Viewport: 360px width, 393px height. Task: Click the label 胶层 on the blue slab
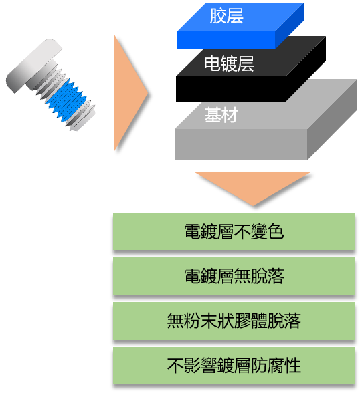click(x=227, y=16)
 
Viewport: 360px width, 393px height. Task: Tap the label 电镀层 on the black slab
click(x=229, y=63)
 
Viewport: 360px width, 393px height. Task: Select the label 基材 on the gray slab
click(x=221, y=115)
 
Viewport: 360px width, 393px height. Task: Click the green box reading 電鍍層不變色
click(x=234, y=231)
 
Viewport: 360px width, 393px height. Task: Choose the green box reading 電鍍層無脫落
click(x=234, y=276)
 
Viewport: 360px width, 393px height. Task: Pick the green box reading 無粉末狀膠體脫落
click(x=234, y=321)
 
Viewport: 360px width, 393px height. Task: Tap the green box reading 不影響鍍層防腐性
click(x=234, y=365)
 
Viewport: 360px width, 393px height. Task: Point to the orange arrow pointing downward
click(x=253, y=188)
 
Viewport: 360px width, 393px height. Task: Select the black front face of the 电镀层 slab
click(x=231, y=89)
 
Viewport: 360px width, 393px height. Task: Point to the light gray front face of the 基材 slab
click(x=241, y=144)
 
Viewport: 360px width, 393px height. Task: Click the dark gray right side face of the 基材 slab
click(x=332, y=120)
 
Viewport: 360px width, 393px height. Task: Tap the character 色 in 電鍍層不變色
click(x=276, y=231)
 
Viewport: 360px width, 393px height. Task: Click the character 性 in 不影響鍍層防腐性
click(x=292, y=365)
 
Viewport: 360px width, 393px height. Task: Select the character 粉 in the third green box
click(x=192, y=321)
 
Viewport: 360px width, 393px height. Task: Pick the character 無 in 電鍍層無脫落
click(x=242, y=276)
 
